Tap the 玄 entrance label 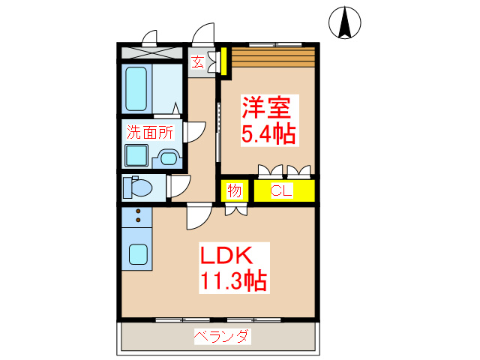pos(197,61)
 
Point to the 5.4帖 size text pos(267,135)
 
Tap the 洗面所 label pos(149,132)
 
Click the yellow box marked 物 pos(235,190)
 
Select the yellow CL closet pos(282,190)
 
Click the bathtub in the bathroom pos(136,89)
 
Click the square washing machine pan pos(136,156)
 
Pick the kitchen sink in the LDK pos(137,253)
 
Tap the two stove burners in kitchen pos(137,217)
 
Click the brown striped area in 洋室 pos(271,57)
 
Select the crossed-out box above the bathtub pos(151,52)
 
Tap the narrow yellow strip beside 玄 pos(223,61)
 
